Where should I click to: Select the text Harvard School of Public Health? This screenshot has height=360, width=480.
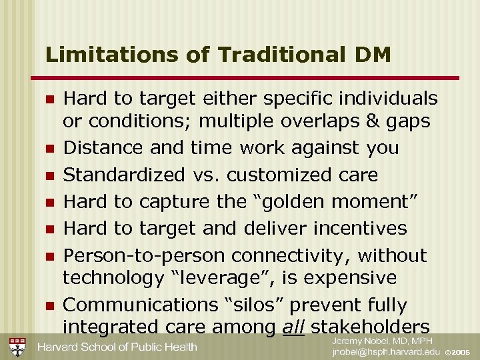click(x=117, y=347)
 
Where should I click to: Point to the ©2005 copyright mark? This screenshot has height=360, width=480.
click(x=458, y=352)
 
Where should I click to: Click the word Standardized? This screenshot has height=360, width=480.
click(x=124, y=175)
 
